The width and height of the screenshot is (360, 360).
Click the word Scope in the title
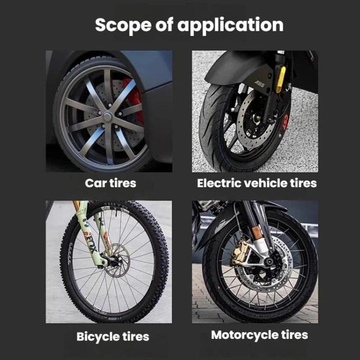click(123, 25)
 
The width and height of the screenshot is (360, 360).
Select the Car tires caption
click(110, 183)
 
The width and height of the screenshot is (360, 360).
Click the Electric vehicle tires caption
click(257, 183)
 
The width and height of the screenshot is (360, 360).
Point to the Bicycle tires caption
click(113, 336)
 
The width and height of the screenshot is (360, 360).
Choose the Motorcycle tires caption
click(259, 335)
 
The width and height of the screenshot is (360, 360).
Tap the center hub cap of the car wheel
click(107, 117)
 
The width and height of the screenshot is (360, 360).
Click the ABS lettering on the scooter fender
click(259, 84)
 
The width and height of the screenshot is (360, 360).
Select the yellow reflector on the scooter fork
click(281, 79)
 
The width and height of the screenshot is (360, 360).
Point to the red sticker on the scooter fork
click(285, 121)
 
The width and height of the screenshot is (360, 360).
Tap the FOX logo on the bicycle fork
click(90, 244)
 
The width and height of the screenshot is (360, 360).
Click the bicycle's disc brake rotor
click(117, 261)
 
